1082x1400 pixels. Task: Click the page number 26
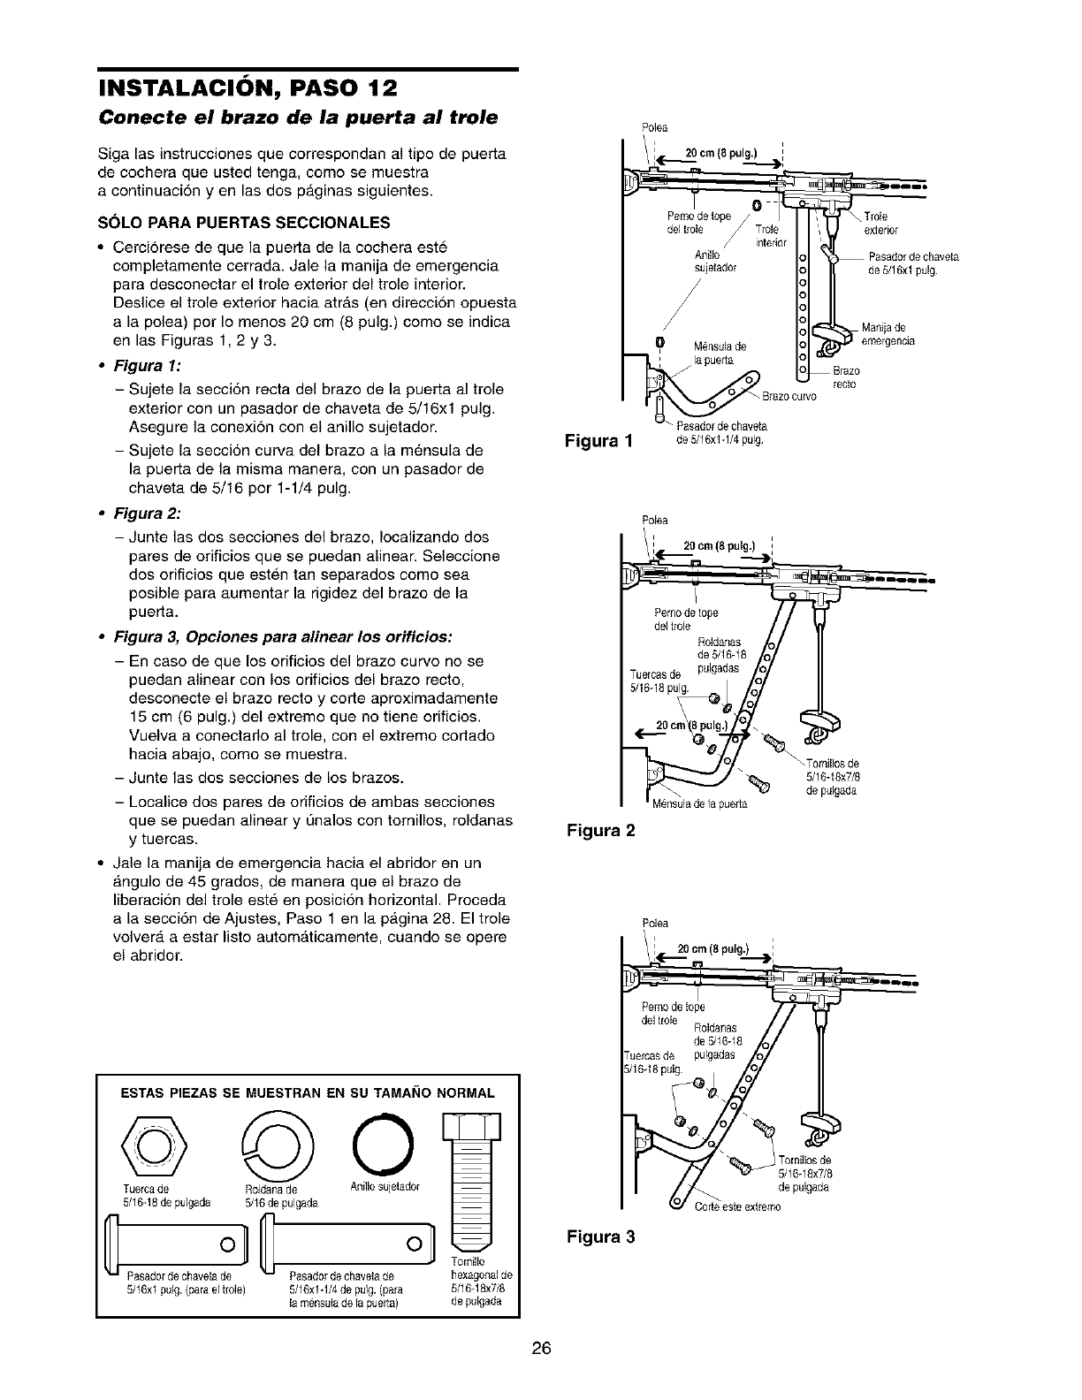(x=542, y=1349)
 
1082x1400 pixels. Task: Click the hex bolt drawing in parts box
(x=473, y=1175)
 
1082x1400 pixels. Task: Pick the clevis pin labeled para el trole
(x=176, y=1244)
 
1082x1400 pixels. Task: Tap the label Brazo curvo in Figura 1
(x=791, y=396)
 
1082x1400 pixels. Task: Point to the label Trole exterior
(x=880, y=223)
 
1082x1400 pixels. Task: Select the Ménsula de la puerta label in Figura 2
(x=699, y=804)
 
